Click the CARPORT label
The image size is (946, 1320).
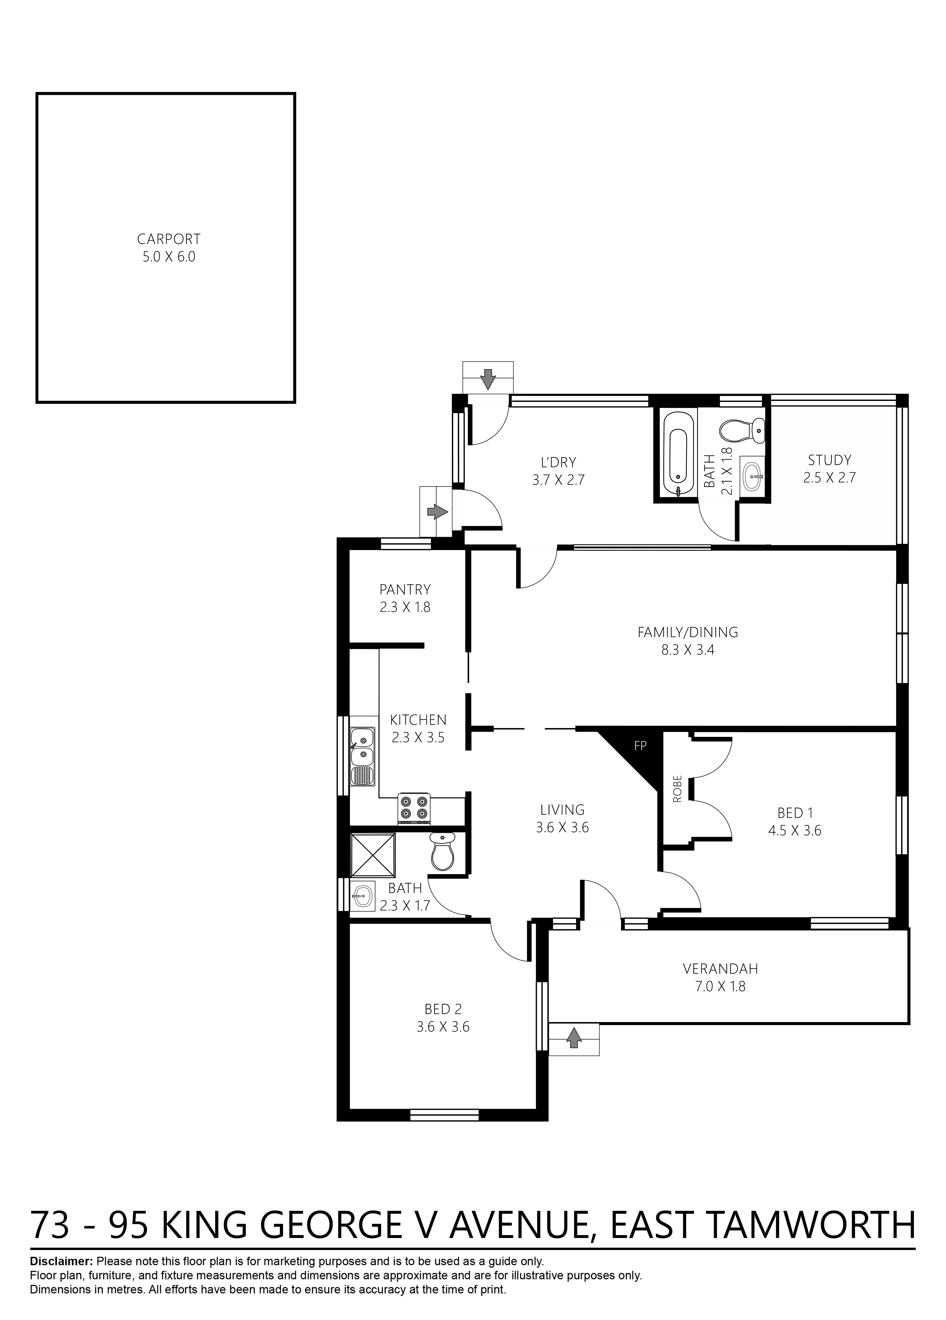pyautogui.click(x=169, y=239)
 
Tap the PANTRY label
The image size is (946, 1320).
pyautogui.click(x=405, y=589)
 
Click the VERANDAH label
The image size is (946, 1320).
pyautogui.click(x=720, y=968)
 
